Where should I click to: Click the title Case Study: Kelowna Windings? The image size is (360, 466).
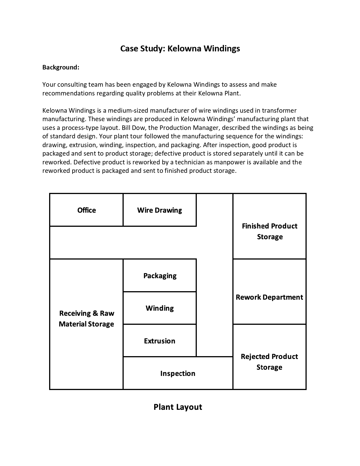[180, 49]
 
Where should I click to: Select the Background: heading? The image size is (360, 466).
[61, 67]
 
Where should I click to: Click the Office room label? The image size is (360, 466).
[86, 210]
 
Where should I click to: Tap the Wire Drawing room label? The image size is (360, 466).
[160, 210]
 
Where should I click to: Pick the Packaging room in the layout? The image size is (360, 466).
[160, 276]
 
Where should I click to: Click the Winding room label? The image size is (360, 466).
[160, 308]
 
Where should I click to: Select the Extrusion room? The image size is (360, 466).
[160, 341]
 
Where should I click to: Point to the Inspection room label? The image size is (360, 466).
[178, 373]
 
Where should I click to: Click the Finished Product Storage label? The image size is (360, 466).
[270, 231]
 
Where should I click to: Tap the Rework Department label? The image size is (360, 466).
[269, 297]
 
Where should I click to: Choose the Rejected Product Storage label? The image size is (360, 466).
[269, 362]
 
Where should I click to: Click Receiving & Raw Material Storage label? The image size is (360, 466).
[86, 319]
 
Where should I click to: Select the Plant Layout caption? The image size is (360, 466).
[178, 407]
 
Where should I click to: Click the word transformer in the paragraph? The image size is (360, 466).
[279, 110]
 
